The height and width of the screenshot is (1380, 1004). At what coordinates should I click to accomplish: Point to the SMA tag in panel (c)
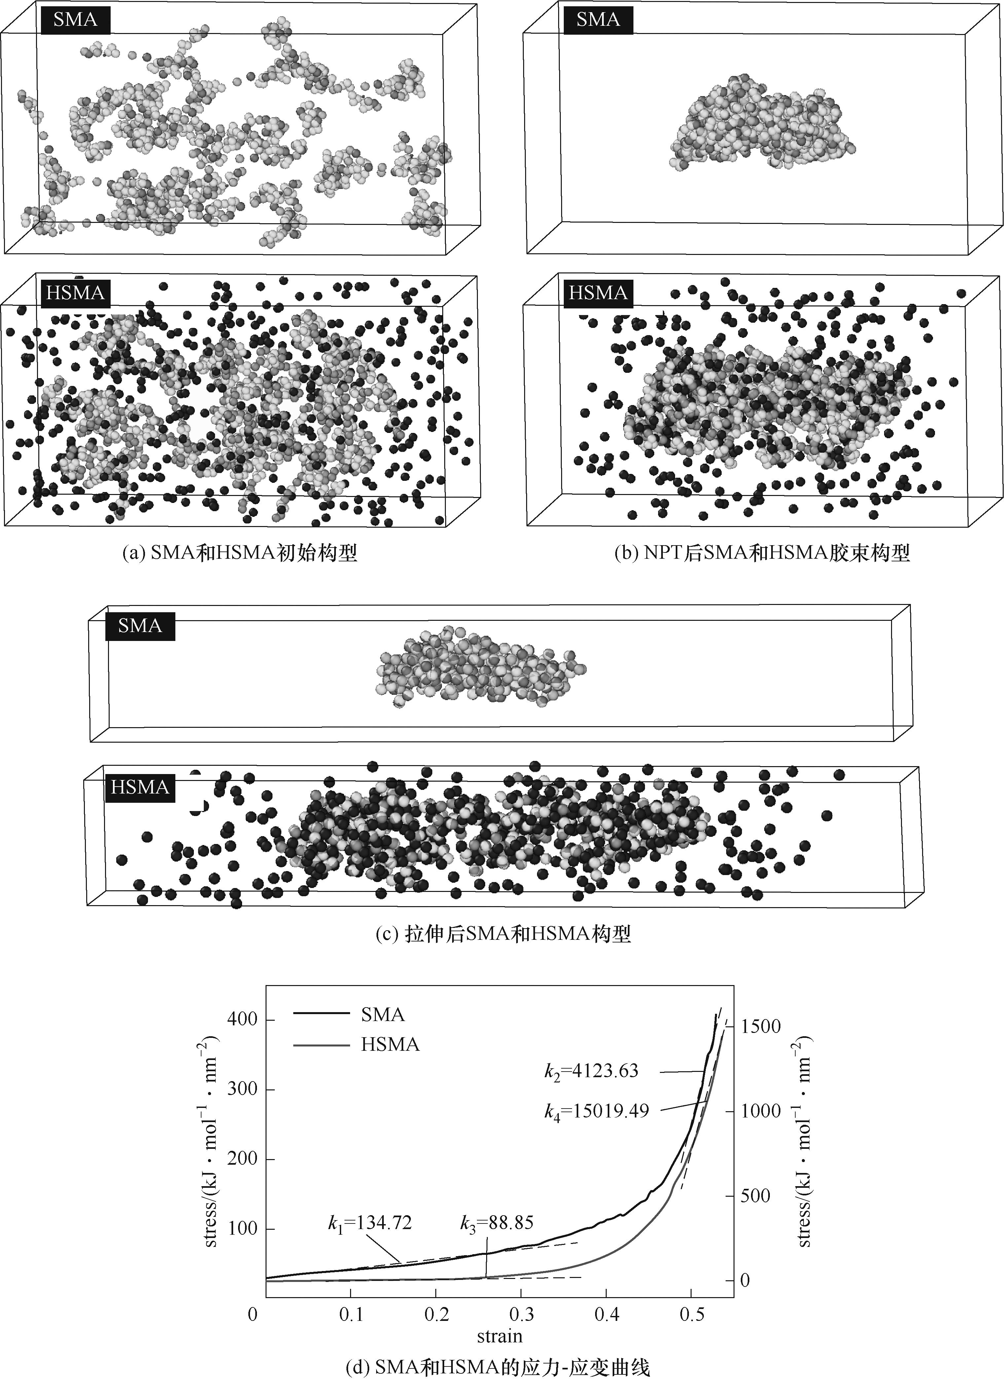pos(140,625)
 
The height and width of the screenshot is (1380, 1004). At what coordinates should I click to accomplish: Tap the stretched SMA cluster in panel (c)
pos(481,666)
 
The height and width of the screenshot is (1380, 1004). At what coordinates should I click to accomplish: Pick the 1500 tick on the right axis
pos(761,1026)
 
